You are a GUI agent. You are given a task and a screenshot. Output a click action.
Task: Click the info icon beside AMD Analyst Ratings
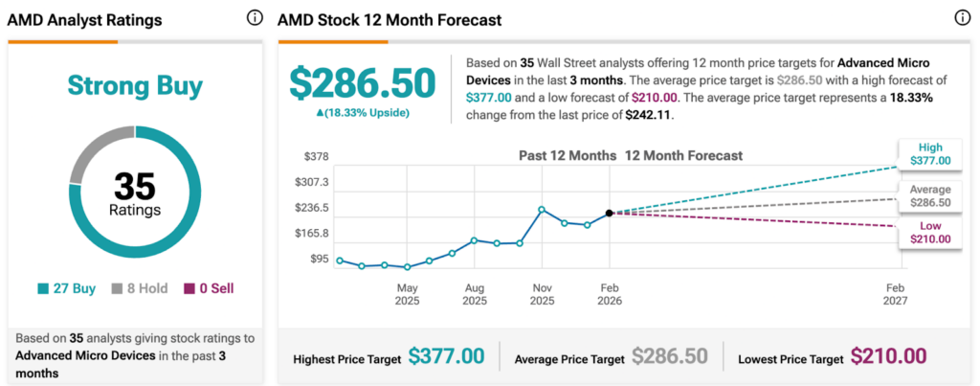(255, 18)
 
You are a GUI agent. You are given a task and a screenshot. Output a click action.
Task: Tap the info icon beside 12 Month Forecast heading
(962, 18)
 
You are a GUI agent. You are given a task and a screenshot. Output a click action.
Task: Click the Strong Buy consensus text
(135, 86)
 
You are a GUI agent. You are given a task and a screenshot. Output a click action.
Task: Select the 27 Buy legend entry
(67, 288)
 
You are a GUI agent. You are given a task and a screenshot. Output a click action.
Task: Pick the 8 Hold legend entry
(135, 288)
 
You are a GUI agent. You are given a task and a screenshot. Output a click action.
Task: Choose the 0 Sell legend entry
(202, 288)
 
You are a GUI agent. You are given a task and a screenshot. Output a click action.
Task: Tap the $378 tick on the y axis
(317, 156)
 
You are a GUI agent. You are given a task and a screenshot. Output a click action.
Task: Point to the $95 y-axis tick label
(320, 259)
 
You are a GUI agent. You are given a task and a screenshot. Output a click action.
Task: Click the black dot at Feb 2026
(610, 213)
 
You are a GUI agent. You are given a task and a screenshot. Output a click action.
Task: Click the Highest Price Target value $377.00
(446, 356)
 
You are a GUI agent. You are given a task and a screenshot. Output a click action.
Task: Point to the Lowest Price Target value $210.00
(888, 356)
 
